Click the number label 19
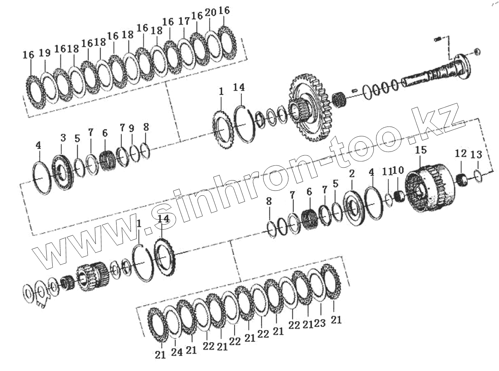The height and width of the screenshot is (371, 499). point(45,53)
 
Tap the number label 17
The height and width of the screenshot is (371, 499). point(184,22)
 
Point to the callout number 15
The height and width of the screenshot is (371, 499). point(421,150)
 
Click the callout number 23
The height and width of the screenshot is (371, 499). point(320,323)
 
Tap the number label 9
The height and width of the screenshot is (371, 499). point(131,128)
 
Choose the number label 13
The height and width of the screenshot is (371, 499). point(476,155)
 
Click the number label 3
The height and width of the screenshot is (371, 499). point(63,138)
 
